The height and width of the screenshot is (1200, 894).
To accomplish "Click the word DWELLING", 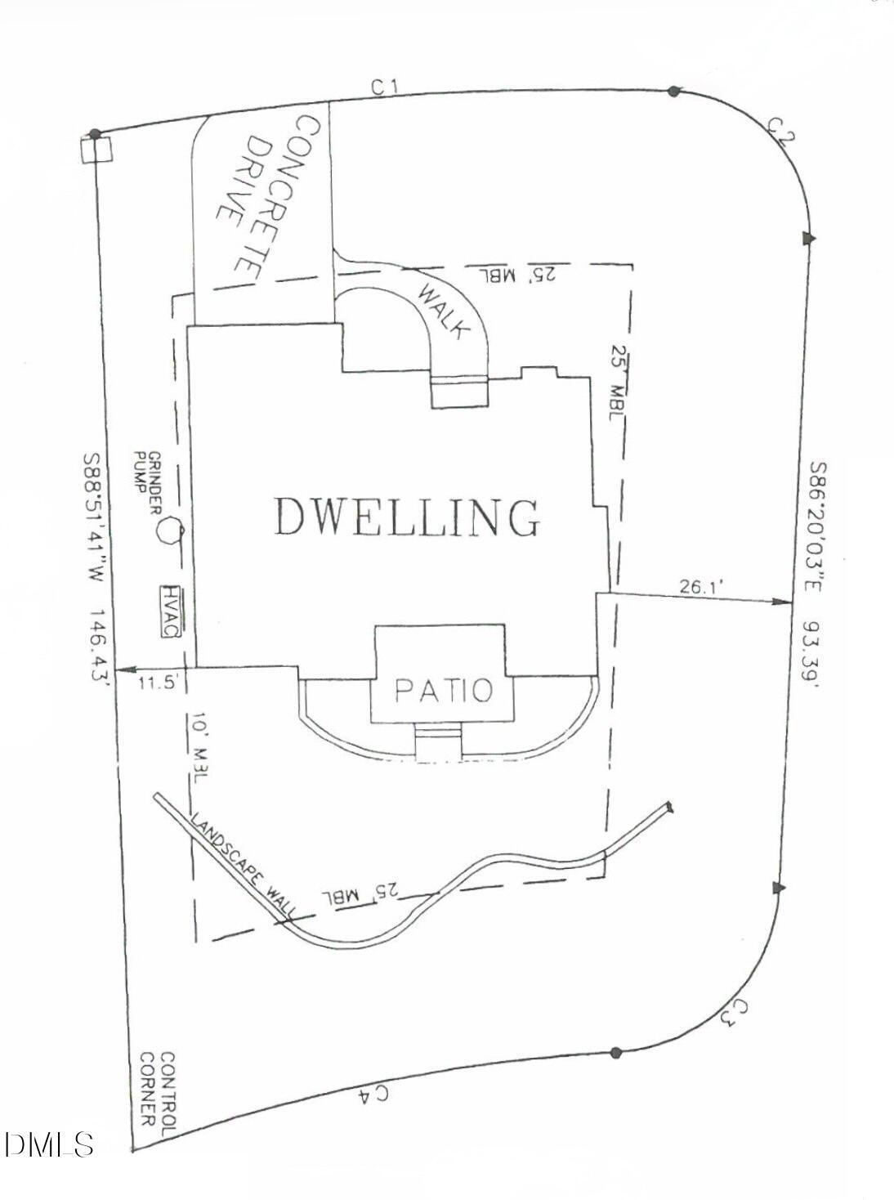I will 406,517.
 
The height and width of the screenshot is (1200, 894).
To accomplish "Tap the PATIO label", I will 444,691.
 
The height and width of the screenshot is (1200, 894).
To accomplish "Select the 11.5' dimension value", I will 157,683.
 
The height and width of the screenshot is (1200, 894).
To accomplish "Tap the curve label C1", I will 384,86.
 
